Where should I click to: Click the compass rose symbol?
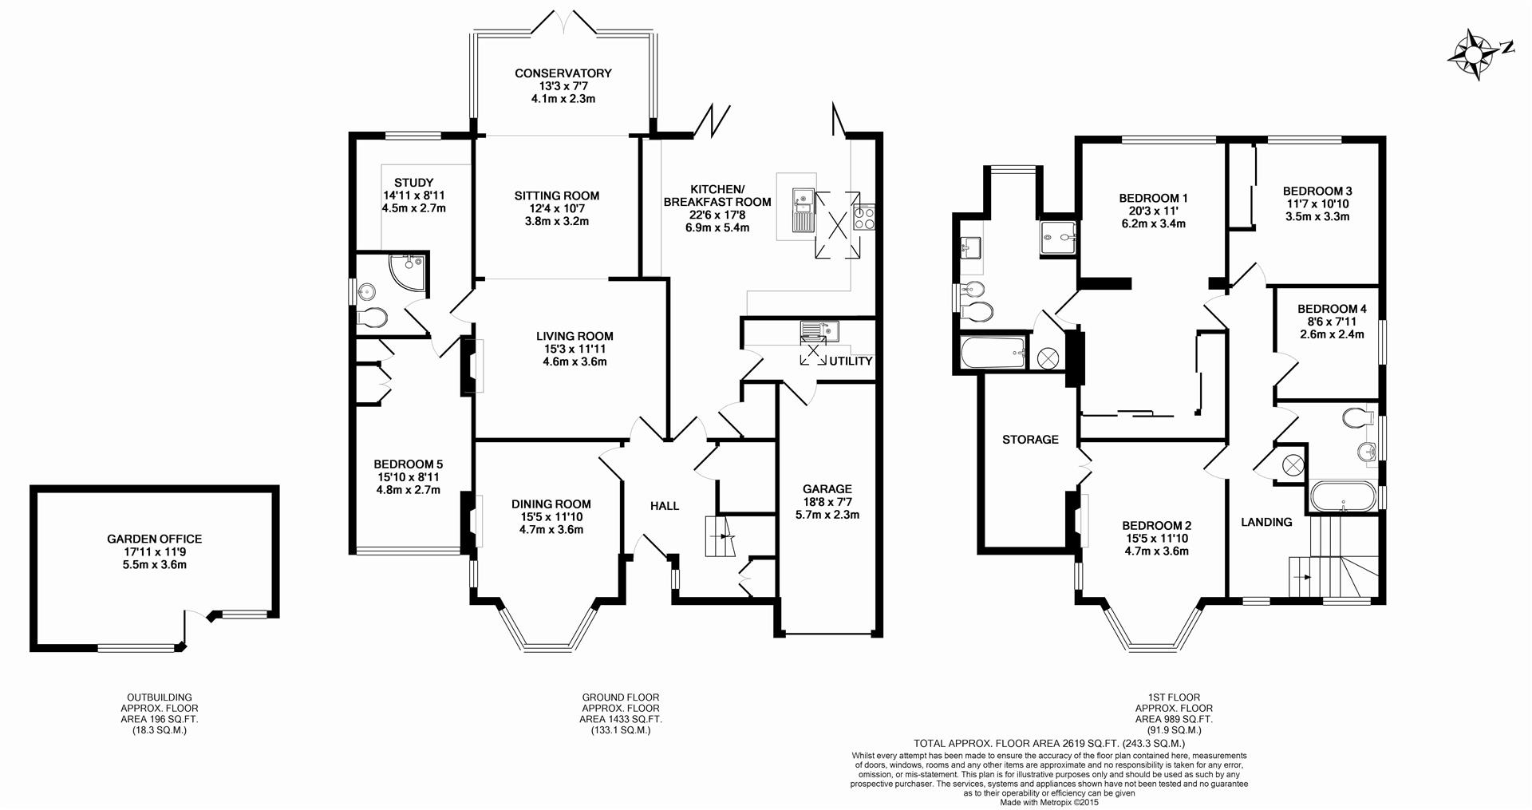(1475, 54)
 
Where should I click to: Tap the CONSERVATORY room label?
(563, 73)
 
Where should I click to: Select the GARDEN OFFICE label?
(155, 539)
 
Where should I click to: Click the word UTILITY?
(851, 361)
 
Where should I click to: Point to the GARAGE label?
(827, 489)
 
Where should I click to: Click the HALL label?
(665, 506)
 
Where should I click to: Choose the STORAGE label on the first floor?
(1030, 440)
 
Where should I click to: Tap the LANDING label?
(1266, 523)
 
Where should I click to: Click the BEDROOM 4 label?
(1332, 309)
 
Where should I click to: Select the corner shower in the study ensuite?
(406, 271)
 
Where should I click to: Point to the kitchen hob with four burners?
(864, 218)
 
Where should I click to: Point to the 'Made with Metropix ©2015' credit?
(1049, 802)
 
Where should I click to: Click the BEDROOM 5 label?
(408, 464)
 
